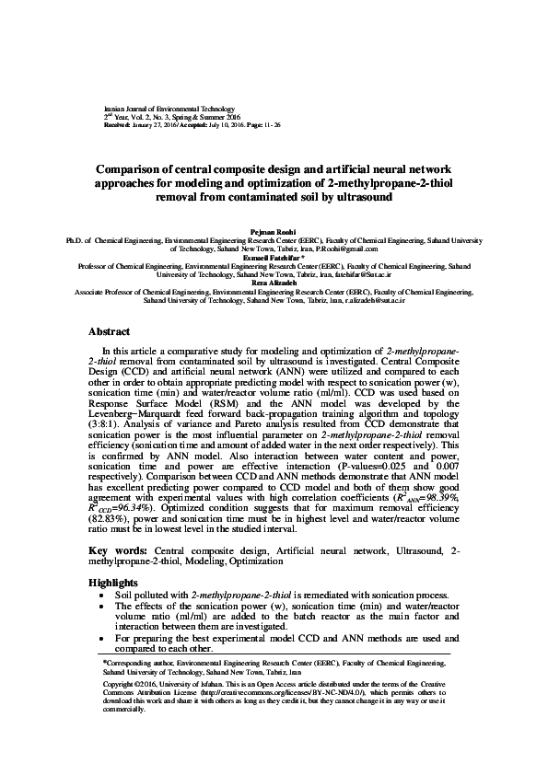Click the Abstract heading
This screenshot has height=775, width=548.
click(109, 330)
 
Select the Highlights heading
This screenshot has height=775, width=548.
click(112, 584)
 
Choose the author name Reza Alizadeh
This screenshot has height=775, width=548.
click(274, 283)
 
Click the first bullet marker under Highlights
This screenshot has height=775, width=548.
click(99, 595)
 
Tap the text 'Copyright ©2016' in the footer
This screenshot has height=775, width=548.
click(130, 685)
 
